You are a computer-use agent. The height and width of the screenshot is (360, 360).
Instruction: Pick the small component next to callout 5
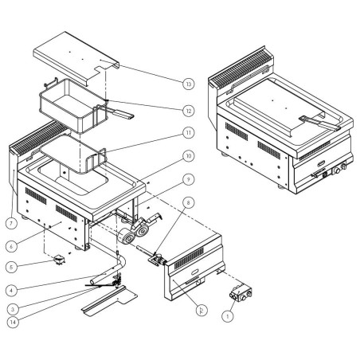pos(57,259)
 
